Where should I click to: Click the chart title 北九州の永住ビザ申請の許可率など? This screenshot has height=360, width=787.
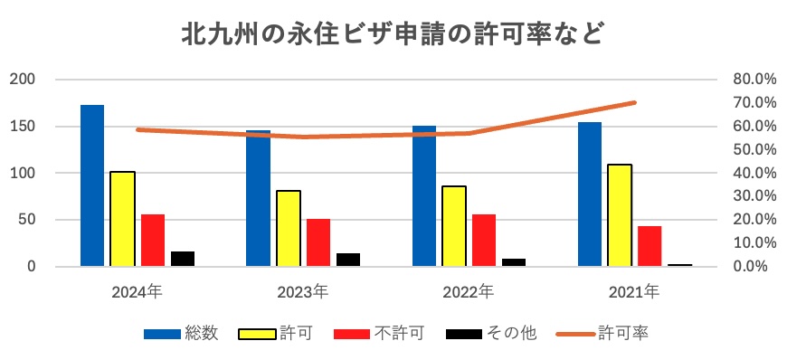(393, 34)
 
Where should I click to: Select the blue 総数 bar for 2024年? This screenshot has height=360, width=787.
(92, 185)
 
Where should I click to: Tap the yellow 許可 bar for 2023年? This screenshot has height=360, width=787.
(289, 228)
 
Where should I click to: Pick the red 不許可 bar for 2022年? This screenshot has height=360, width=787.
(484, 241)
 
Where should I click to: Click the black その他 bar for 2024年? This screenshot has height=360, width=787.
(183, 259)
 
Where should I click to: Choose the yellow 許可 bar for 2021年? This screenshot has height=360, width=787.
(620, 215)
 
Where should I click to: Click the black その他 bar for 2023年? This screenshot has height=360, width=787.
(348, 260)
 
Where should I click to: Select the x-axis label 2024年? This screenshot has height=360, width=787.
(137, 291)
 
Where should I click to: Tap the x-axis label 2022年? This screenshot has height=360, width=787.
(469, 291)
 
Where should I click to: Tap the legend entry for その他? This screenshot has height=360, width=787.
(492, 333)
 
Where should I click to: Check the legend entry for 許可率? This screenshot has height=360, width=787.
(607, 333)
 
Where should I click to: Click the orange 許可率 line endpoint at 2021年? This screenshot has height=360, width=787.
(634, 102)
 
